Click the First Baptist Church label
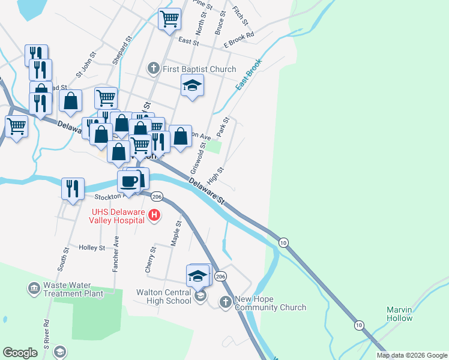coord(199,69)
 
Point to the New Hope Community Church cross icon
coord(225,302)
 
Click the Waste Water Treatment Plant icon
coord(34,289)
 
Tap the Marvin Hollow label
coord(399,314)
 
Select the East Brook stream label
coord(249,75)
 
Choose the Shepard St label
coord(121,52)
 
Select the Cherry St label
coord(153,257)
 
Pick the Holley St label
coord(92,248)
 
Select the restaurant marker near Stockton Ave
coord(73,188)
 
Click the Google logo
coord(20,353)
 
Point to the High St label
coord(215,176)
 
